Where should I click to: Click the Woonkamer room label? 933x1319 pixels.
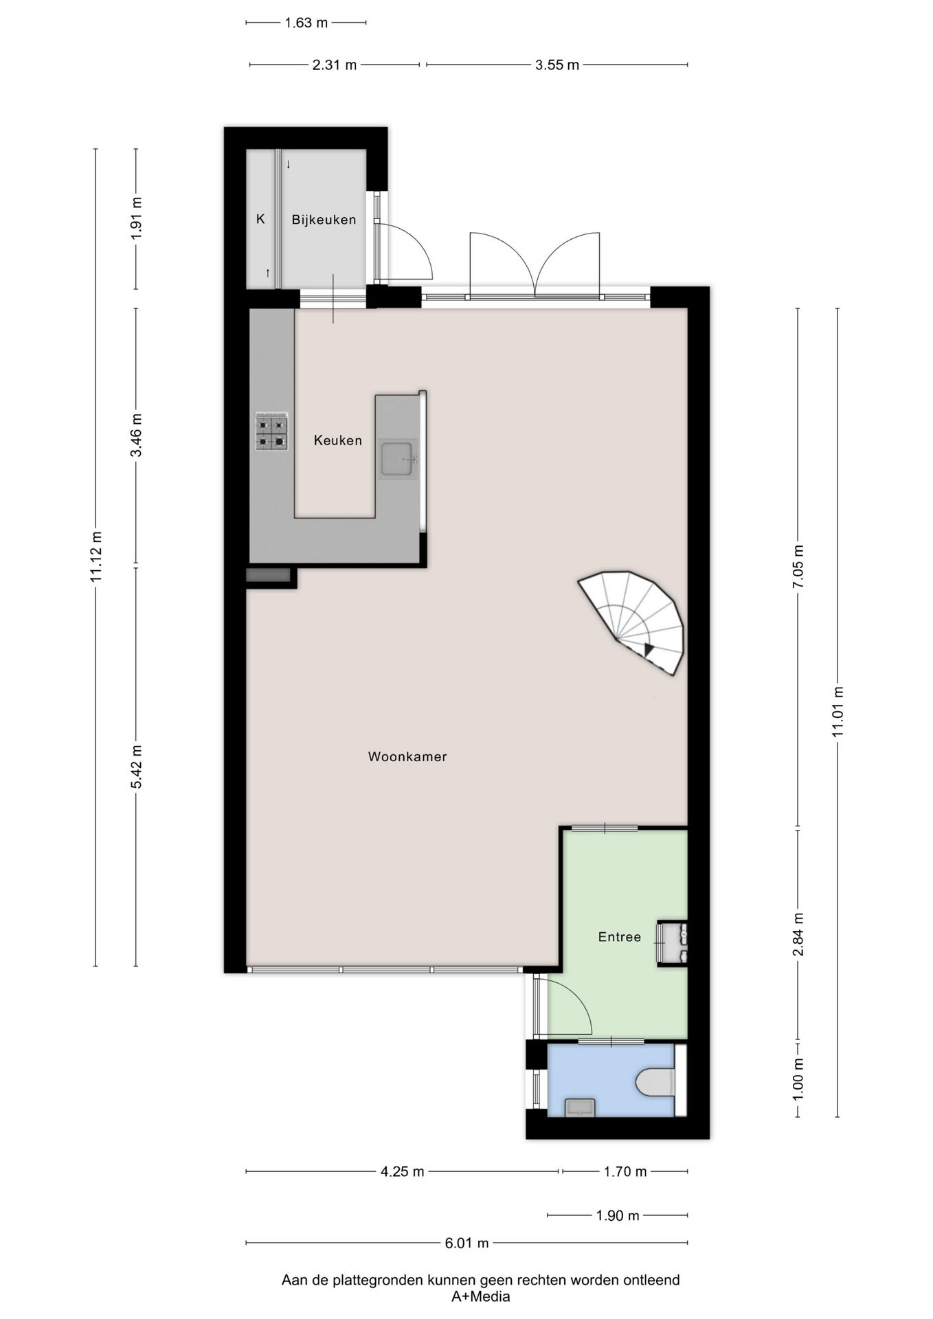(x=407, y=757)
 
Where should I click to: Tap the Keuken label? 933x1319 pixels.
(x=338, y=440)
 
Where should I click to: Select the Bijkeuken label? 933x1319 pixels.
(x=324, y=220)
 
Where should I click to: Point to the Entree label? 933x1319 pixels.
(x=620, y=937)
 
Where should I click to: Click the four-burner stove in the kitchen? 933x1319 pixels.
(x=271, y=431)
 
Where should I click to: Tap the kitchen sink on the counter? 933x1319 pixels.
(x=398, y=459)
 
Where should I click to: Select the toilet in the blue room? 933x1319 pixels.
(x=656, y=1081)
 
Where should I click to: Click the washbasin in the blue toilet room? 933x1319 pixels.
(x=580, y=1107)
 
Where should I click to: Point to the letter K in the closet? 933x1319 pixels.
(x=260, y=219)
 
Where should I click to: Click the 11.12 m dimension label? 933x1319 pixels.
(x=96, y=557)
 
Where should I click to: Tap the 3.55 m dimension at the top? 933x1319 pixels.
(x=557, y=65)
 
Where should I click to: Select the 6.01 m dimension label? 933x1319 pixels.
(x=466, y=1242)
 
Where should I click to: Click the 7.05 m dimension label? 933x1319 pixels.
(x=798, y=566)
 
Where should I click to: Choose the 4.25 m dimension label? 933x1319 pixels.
(x=403, y=1171)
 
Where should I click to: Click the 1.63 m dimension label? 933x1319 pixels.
(x=306, y=23)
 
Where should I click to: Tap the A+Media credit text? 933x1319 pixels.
(x=480, y=1297)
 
